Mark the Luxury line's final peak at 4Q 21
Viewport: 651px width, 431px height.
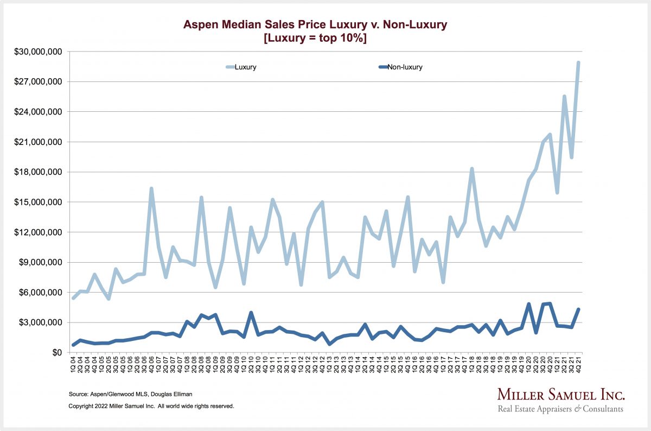tap(578, 62)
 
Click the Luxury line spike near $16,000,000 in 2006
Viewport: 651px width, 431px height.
tap(151, 189)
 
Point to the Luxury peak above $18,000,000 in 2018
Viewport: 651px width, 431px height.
tap(472, 169)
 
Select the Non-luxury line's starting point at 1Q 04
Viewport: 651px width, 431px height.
tap(73, 345)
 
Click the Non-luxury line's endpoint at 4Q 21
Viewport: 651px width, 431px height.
tap(578, 309)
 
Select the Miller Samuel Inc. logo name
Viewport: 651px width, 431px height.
tap(561, 394)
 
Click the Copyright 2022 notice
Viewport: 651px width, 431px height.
tap(151, 405)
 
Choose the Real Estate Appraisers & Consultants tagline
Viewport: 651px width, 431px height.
tap(560, 409)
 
